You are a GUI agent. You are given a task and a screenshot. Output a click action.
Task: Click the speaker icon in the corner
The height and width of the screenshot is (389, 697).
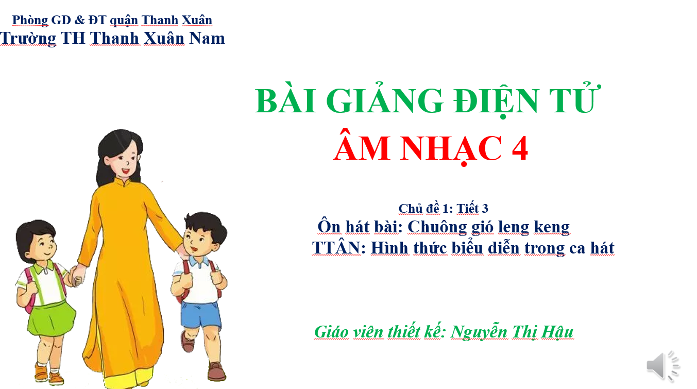coord(664,366)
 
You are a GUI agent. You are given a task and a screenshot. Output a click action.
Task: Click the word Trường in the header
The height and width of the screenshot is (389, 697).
coord(28,39)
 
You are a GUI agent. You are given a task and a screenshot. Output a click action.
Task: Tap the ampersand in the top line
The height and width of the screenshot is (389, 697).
coord(79,20)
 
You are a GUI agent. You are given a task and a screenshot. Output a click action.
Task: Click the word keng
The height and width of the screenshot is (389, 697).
coord(552,227)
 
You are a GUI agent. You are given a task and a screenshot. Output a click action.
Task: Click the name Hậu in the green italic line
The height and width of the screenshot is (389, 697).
coord(557,332)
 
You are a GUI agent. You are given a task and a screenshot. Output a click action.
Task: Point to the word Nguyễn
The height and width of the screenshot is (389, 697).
coord(479,332)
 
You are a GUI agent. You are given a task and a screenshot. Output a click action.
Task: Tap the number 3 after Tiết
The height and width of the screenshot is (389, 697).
coord(485,209)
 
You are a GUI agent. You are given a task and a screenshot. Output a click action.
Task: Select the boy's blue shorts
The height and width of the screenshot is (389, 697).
coord(201,315)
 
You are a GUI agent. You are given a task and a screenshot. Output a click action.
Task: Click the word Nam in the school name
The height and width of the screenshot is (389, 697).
coord(207,39)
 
